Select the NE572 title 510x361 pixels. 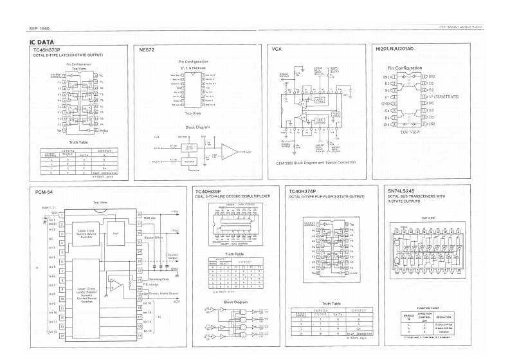(x=148, y=50)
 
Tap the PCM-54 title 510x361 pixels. (x=44, y=192)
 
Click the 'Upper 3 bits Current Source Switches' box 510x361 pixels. (x=82, y=233)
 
